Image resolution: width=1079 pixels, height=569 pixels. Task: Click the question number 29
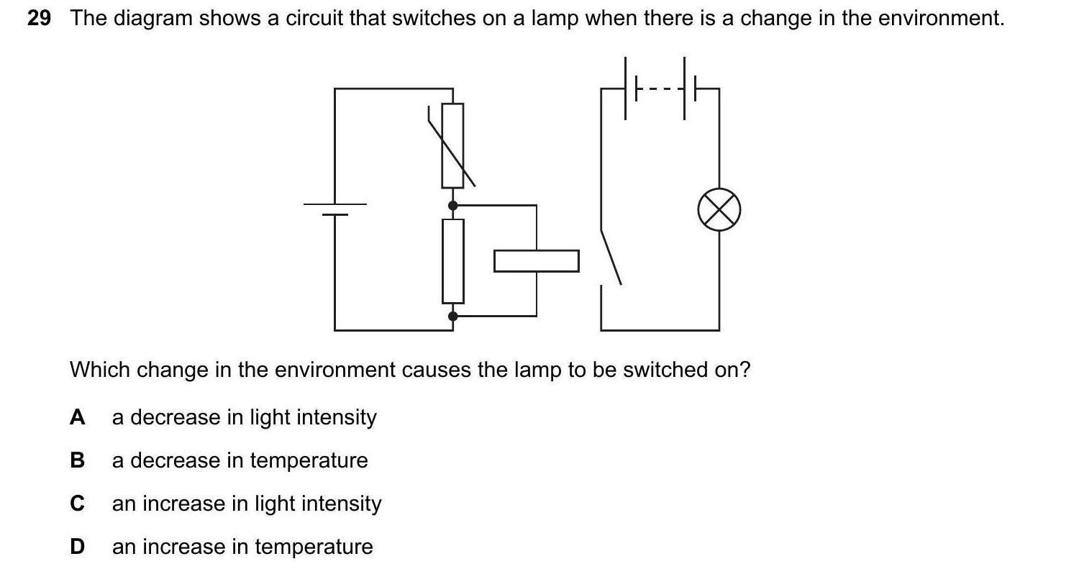coord(39,19)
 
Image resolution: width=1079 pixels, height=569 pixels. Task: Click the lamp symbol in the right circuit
coord(719,210)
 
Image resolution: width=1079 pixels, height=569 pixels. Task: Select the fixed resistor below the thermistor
coord(452,260)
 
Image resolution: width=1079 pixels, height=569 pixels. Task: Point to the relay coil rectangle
coord(536,261)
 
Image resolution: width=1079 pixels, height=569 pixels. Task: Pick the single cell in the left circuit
coord(335,209)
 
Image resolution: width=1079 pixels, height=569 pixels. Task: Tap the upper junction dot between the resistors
coord(452,206)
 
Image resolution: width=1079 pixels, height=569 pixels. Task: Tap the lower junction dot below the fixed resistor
coord(452,316)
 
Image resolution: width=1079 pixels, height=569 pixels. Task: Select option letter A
coord(77,417)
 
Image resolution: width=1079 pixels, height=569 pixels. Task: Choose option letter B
coord(77,460)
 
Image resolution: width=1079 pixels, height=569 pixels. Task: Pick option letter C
coord(77,504)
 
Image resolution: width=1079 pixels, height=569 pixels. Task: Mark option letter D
coord(77,547)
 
